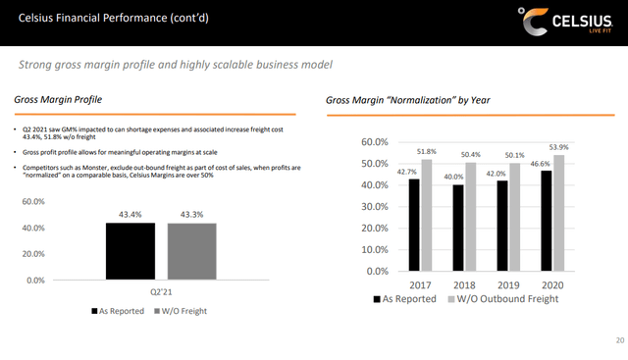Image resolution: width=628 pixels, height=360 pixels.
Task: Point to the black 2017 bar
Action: point(415,225)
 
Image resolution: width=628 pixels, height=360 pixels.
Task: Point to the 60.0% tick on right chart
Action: point(378,141)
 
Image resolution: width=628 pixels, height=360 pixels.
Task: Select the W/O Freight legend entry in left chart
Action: point(183,311)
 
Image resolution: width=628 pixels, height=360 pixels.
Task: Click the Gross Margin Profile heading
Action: point(56,100)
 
